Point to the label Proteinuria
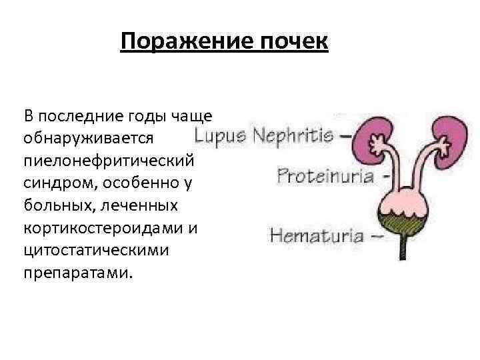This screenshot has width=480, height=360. pyautogui.click(x=325, y=176)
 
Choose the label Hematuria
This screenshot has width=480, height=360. pyautogui.click(x=317, y=235)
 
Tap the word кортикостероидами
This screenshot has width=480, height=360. pyautogui.click(x=104, y=228)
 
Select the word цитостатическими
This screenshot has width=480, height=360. pyautogui.click(x=95, y=251)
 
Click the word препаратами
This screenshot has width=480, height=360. pyautogui.click(x=78, y=273)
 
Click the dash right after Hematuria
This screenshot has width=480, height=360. pyautogui.click(x=376, y=235)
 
